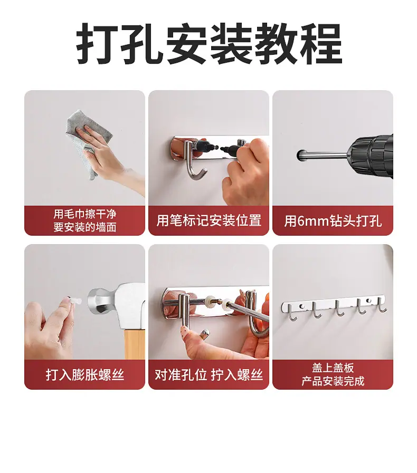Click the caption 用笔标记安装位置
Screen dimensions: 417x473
click(209, 220)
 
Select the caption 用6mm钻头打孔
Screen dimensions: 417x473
click(333, 221)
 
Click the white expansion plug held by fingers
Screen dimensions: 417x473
click(74, 301)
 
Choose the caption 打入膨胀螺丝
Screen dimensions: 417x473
click(85, 375)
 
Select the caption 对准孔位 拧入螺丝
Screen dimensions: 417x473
click(209, 375)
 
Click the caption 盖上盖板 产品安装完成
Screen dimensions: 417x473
click(333, 374)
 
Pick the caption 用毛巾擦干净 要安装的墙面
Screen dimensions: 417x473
click(85, 220)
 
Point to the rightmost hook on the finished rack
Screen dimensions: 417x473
click(382, 305)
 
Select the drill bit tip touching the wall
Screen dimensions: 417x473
click(300, 155)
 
